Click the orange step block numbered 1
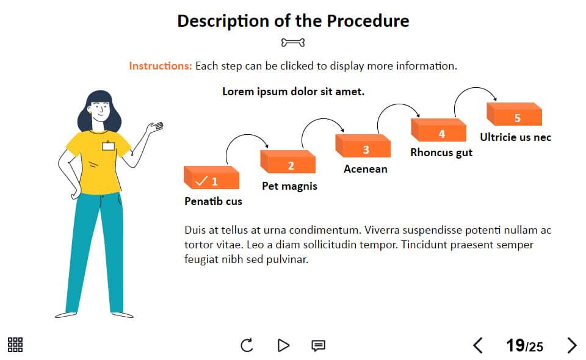pos(212,178)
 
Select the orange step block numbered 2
pos(288,162)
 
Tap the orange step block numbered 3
pos(363,146)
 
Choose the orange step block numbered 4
pos(438,130)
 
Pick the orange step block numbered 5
pos(514,114)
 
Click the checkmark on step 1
pos(201,181)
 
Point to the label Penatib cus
pos(214,201)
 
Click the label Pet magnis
pos(289,186)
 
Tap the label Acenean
pos(366,169)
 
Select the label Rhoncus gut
pos(441,153)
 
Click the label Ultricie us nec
pos(516,137)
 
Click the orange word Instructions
pos(161,66)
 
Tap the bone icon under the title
pos(293,43)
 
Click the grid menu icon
pos(15,345)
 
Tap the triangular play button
pos(284,345)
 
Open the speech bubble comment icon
pos(319,346)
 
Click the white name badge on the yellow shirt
pos(109,146)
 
